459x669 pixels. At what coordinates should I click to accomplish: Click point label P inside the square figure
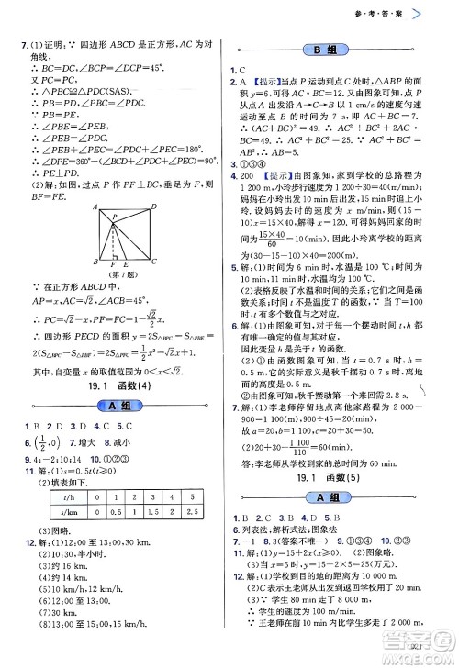click(114, 217)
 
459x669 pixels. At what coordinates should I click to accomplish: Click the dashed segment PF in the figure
click(114, 243)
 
